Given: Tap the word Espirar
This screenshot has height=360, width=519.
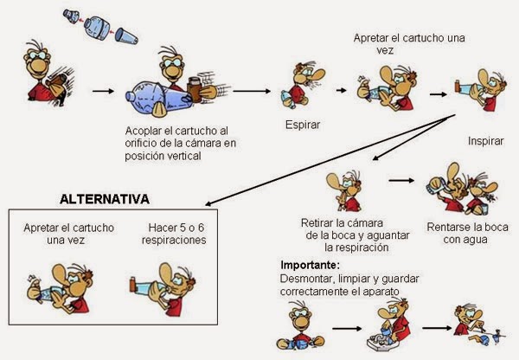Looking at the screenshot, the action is [303, 125].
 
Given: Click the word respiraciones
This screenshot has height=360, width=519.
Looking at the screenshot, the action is [176, 240].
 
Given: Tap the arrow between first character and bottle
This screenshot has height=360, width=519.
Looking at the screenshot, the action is [103, 89].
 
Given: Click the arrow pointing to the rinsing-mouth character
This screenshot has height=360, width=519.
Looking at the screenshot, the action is [400, 181].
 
